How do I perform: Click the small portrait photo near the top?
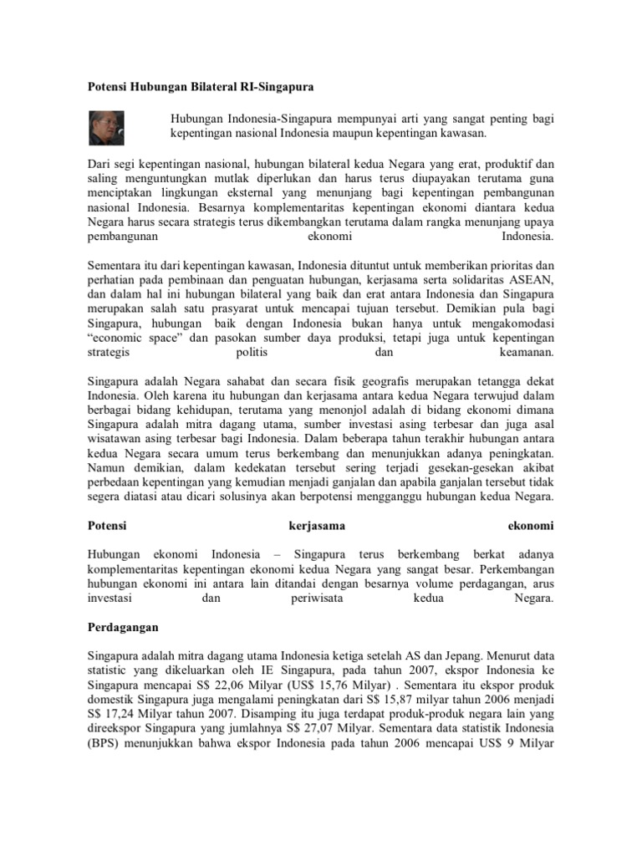[x=107, y=126]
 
